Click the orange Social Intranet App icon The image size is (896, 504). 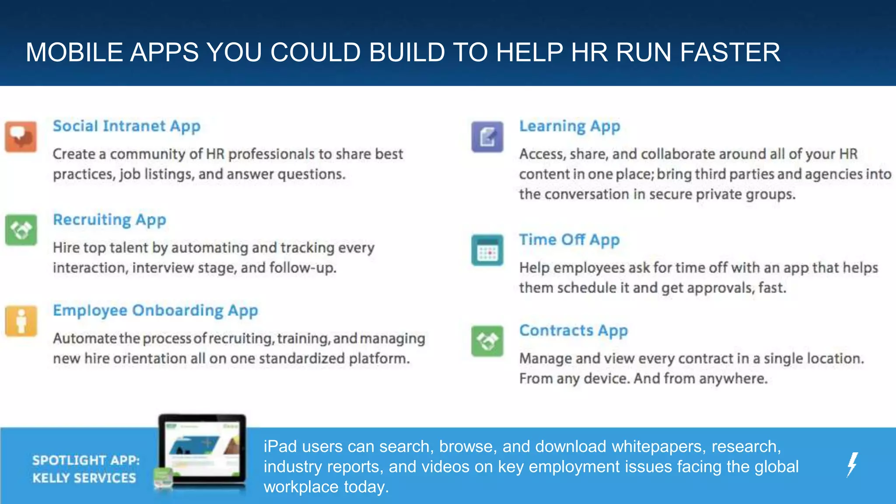(x=21, y=137)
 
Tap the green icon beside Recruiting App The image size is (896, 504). (x=21, y=230)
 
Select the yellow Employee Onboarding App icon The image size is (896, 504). (x=21, y=321)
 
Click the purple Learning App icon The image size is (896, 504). (x=487, y=137)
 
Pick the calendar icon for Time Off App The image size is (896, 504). (x=487, y=250)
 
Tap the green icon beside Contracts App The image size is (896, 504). (x=487, y=341)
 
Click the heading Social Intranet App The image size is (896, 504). (x=126, y=126)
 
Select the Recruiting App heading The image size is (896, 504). (x=109, y=220)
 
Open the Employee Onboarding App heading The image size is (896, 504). (x=155, y=311)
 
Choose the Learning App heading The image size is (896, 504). (x=570, y=126)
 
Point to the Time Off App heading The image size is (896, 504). (x=569, y=240)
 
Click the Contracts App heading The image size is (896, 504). (x=573, y=331)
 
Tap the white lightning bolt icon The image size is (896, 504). (x=852, y=464)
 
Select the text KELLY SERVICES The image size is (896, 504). (x=84, y=478)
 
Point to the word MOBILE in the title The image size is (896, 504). (x=74, y=52)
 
